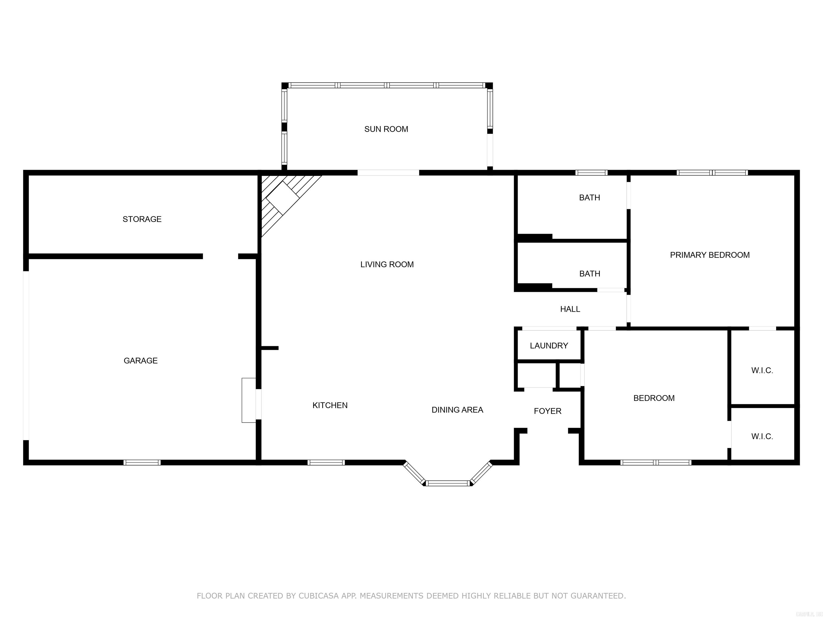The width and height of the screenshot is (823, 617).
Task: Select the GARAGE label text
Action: (140, 360)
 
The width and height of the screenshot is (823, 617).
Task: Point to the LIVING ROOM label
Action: (387, 264)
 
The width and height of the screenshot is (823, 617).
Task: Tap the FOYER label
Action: (547, 411)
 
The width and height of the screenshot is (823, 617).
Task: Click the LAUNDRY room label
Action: (549, 345)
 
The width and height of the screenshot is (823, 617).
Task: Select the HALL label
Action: (570, 309)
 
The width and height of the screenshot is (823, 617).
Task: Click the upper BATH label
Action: (589, 197)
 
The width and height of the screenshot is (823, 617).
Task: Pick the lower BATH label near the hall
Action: (589, 274)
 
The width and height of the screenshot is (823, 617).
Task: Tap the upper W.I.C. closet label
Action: (762, 370)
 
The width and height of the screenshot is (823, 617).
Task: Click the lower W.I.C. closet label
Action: (762, 437)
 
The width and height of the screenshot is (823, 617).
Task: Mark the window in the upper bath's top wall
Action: (591, 172)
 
